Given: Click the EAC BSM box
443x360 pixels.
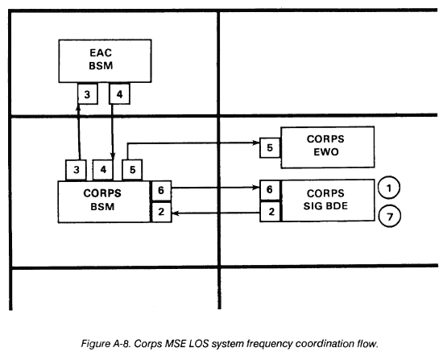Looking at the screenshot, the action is [x=105, y=61].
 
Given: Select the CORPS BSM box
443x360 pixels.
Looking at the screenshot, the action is [x=104, y=202].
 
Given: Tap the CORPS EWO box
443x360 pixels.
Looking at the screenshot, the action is [x=328, y=147].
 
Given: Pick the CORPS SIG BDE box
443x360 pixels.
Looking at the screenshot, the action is [x=328, y=200].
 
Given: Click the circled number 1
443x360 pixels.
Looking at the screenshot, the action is [x=389, y=188].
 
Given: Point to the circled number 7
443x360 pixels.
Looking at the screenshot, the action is [x=390, y=217].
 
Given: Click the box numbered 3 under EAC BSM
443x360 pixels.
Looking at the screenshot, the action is [x=88, y=93].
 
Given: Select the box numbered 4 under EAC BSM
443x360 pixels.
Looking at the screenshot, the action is [x=119, y=93].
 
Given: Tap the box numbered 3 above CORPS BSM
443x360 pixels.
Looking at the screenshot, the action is [x=76, y=170].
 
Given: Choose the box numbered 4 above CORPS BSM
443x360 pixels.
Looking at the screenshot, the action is [x=103, y=170].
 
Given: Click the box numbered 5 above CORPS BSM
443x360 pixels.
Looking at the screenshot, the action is [x=132, y=170].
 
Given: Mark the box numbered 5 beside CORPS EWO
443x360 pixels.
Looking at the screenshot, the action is [x=270, y=147].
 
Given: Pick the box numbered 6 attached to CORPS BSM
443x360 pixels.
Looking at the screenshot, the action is [x=161, y=190].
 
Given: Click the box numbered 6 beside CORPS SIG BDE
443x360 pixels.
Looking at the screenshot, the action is [x=270, y=189].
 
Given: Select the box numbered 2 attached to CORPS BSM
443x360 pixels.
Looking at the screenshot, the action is [x=161, y=212].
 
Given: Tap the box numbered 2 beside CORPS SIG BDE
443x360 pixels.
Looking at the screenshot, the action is [x=271, y=212].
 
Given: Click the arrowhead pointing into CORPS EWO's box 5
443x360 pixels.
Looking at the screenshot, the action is [x=256, y=143].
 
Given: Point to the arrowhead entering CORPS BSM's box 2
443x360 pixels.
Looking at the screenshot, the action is [x=176, y=213].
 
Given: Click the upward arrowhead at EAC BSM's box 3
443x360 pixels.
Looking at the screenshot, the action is [x=78, y=108].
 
